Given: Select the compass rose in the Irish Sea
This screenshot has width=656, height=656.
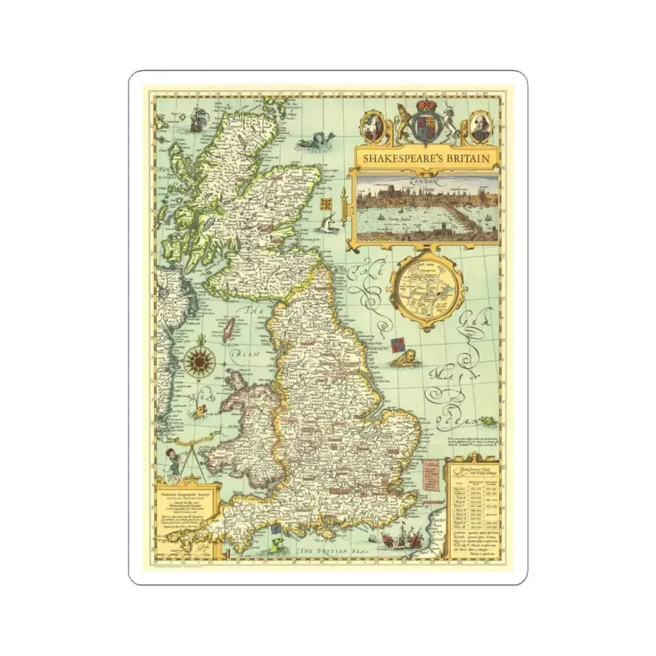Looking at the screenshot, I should click(x=195, y=359).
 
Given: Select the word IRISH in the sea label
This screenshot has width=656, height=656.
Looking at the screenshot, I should click(x=246, y=353).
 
